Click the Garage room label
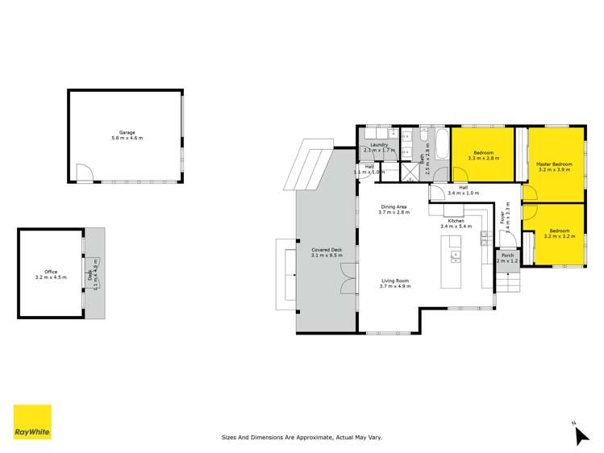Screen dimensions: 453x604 point(127,135)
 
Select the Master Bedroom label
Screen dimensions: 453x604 point(553,167)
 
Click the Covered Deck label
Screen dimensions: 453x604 point(327,252)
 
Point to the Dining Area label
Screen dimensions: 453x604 point(396,209)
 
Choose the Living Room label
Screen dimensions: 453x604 point(396,283)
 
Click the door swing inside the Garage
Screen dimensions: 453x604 point(83,172)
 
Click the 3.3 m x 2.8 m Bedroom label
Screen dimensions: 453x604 point(483,155)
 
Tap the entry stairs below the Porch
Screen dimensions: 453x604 point(509,284)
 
